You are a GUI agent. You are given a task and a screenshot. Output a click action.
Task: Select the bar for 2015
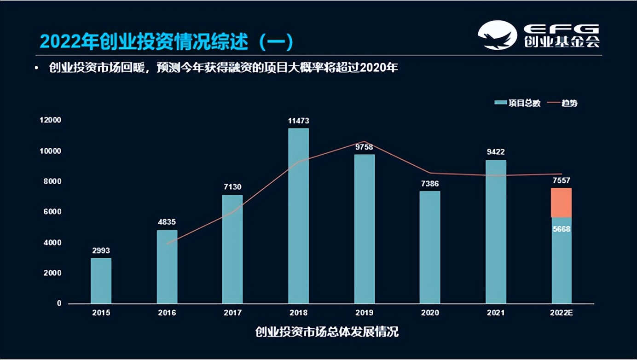(x=101, y=280)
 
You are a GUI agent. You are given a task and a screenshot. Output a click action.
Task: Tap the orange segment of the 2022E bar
(x=561, y=203)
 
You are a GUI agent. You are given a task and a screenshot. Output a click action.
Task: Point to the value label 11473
(x=298, y=121)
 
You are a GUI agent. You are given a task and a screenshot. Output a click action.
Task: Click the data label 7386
(x=429, y=184)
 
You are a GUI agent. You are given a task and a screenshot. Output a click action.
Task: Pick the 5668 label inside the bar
(x=561, y=229)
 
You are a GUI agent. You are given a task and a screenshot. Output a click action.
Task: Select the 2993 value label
(x=101, y=251)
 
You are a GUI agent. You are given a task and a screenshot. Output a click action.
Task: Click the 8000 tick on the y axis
(x=52, y=181)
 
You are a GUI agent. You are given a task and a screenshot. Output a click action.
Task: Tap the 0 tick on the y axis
(x=59, y=303)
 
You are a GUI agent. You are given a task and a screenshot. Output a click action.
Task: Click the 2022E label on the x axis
(x=561, y=313)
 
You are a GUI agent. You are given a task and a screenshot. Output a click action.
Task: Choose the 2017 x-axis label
(x=232, y=313)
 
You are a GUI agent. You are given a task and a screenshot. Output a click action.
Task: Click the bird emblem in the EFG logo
(x=498, y=35)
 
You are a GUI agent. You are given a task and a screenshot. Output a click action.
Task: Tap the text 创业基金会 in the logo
(x=562, y=42)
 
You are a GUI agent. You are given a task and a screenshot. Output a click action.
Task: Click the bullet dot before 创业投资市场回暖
(x=36, y=68)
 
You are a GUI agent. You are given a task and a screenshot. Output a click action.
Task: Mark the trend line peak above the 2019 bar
(x=364, y=141)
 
